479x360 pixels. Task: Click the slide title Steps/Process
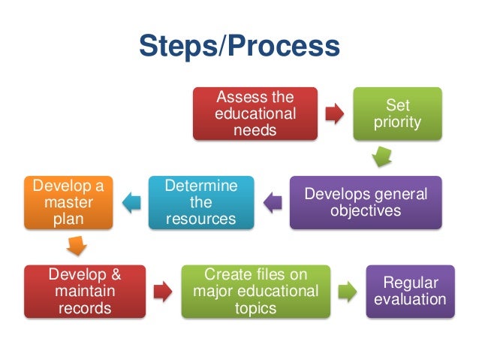click(239, 47)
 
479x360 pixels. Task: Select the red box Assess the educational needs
click(255, 113)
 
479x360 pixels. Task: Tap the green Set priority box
click(397, 113)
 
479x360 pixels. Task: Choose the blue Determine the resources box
click(200, 202)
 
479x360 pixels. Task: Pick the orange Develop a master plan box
click(68, 202)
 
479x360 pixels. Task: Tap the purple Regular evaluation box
click(410, 291)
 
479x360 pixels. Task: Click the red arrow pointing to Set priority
click(335, 113)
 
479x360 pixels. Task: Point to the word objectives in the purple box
click(366, 211)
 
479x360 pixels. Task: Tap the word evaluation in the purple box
click(410, 299)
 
